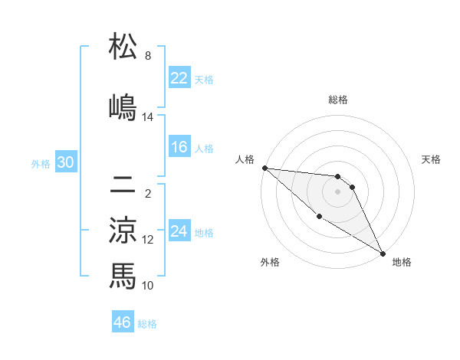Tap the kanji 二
[123, 186]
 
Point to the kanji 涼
[123, 230]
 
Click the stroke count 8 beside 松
[148, 56]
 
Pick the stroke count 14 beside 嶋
[148, 116]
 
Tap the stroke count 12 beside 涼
[148, 240]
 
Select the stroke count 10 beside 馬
[148, 285]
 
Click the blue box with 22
[179, 78]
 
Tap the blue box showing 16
[179, 147]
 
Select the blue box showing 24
[179, 231]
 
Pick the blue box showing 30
[65, 163]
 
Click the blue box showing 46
[123, 322]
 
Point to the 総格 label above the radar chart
[338, 100]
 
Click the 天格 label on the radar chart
[431, 159]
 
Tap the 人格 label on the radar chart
[245, 159]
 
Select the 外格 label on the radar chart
[270, 262]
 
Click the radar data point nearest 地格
[382, 253]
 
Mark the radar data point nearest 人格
[264, 168]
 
